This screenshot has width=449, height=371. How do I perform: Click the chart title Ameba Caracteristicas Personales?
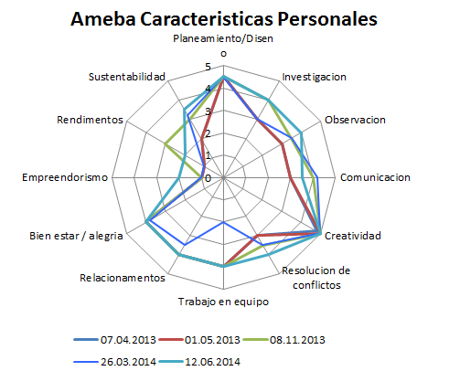pos(225,18)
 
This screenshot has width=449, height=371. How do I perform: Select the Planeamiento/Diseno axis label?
pos(225,45)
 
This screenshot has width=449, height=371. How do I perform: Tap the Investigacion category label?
pos(314,77)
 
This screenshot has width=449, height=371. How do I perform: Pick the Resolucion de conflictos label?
pos(316,277)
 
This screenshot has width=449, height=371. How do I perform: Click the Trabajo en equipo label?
pos(224,301)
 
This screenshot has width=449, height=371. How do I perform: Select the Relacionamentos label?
pos(123,277)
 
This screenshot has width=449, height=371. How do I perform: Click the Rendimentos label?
pos(90,120)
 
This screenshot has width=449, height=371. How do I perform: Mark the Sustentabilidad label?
pos(127,77)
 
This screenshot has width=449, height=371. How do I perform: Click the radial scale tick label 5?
pos(208,68)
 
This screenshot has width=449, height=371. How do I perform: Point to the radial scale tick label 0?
pos(208,178)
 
